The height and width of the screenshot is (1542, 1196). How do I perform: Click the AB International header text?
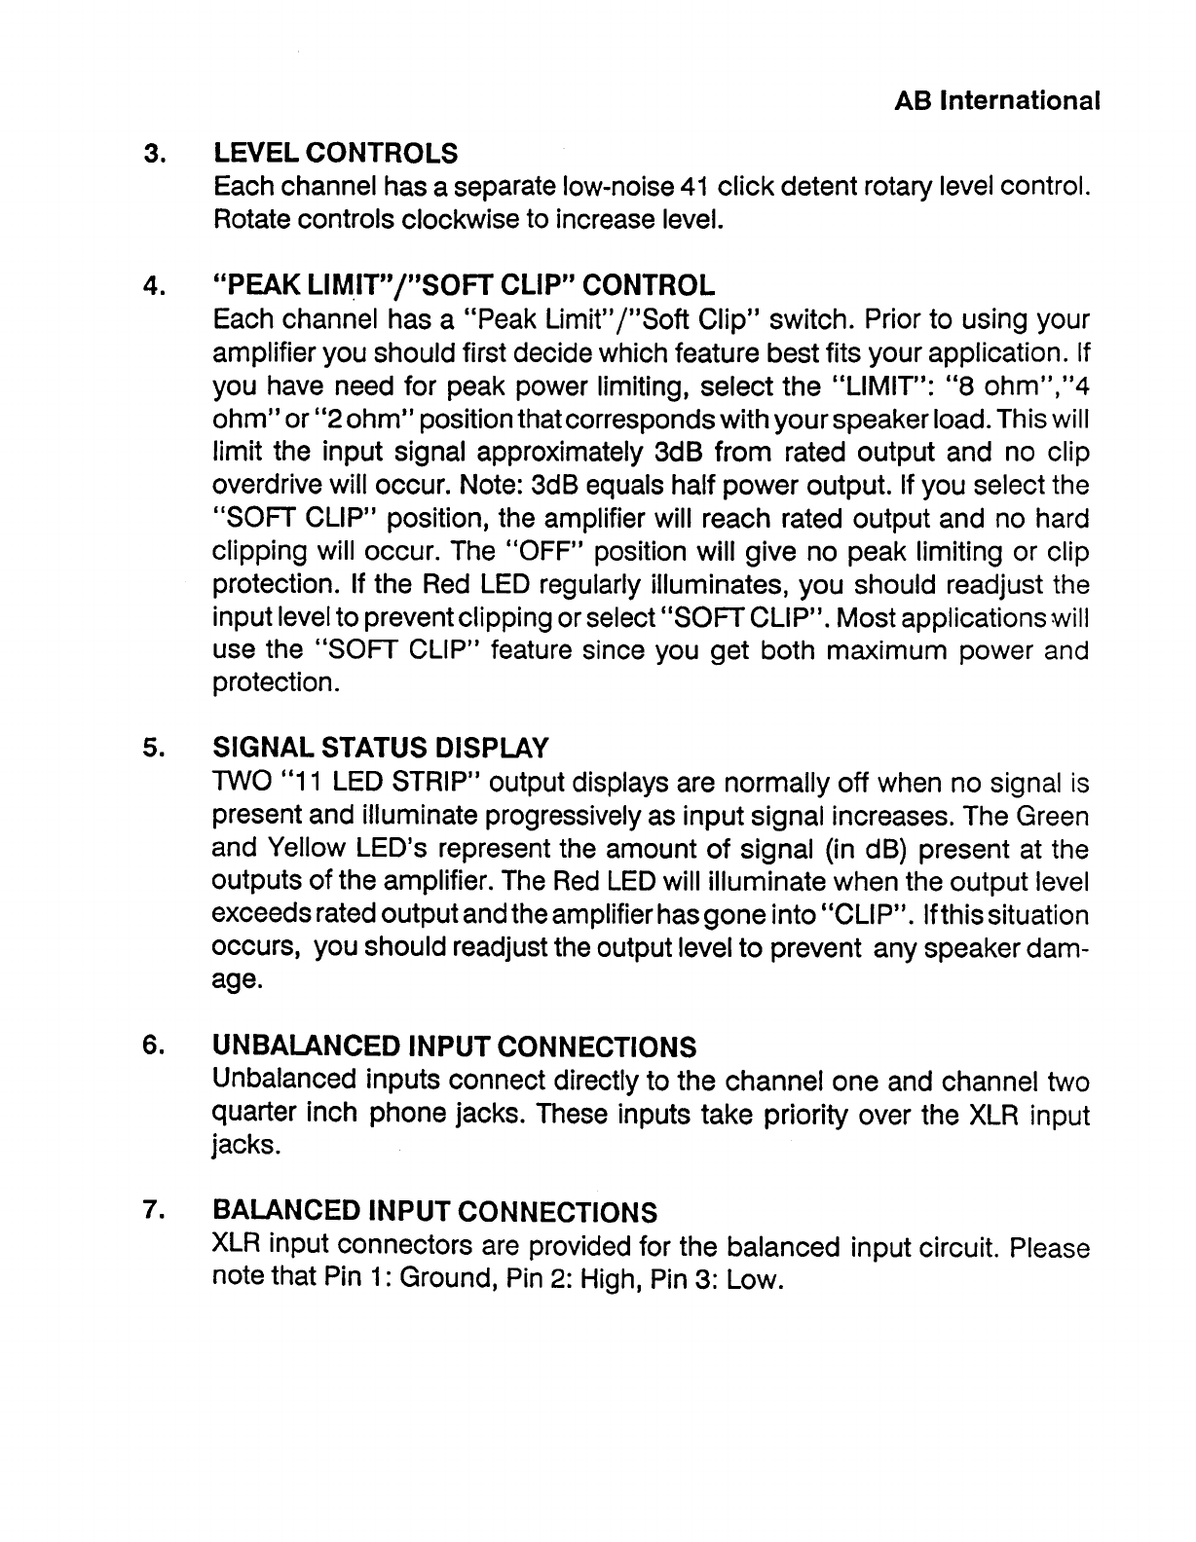996,100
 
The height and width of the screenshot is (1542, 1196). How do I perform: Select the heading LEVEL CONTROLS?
335,153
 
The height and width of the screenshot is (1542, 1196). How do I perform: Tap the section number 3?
152,154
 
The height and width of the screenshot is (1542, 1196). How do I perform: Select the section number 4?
152,286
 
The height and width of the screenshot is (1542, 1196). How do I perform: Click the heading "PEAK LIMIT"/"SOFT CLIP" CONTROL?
464,285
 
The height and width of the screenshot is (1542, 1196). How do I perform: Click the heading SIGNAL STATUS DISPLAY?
381,748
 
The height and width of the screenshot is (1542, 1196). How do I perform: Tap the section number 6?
152,1045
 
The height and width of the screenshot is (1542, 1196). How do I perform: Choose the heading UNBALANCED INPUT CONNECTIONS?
454,1046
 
